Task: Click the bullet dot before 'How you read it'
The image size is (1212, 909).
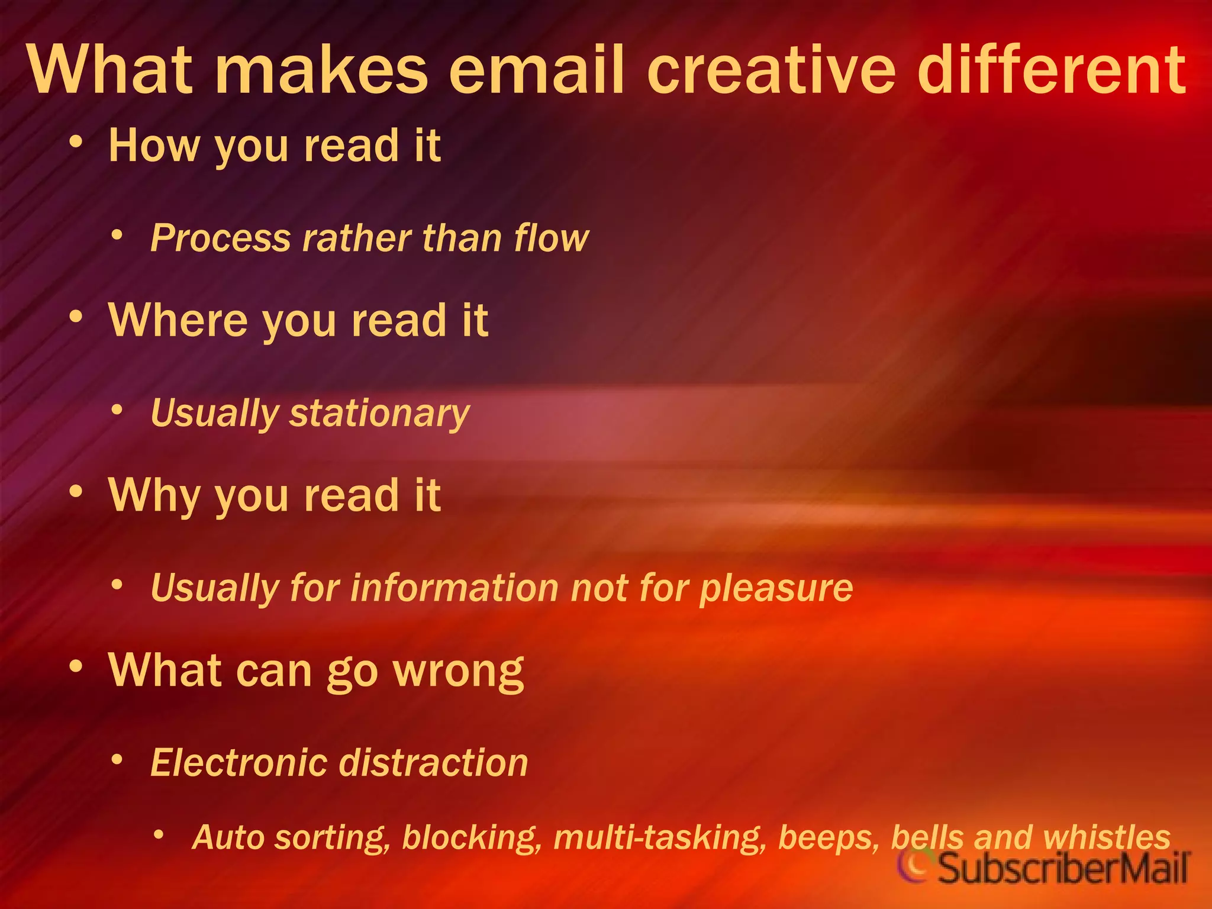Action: (75, 143)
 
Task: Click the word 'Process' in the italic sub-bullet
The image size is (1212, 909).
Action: (220, 238)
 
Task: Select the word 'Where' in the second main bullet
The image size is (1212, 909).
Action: (178, 320)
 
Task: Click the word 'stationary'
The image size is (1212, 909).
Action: (379, 413)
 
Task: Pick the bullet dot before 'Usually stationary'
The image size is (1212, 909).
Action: (117, 410)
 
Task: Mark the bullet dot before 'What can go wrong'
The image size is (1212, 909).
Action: (75, 667)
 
